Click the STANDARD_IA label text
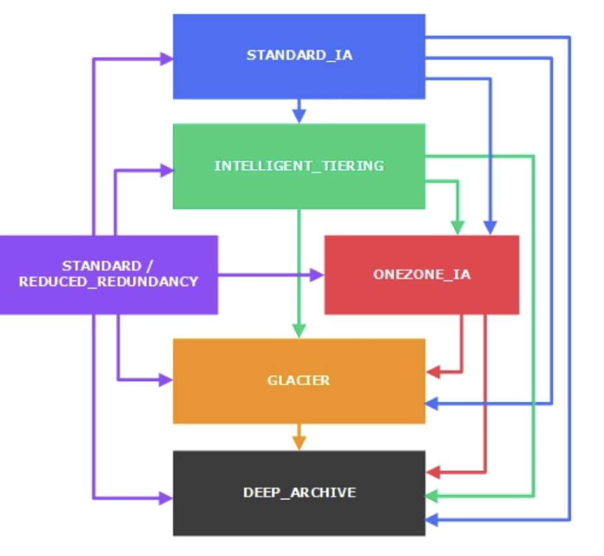point(299,55)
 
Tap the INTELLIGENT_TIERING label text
point(299,166)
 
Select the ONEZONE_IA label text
point(422,274)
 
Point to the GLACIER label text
point(299,380)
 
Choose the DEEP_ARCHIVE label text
point(299,493)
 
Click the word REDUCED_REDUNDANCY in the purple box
point(109,282)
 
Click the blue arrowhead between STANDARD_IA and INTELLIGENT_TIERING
point(299,116)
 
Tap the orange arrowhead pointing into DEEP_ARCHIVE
point(299,443)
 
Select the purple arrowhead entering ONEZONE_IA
point(317,275)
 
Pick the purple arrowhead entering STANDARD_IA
point(166,59)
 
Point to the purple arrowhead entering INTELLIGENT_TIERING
point(166,170)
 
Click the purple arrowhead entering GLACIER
point(166,380)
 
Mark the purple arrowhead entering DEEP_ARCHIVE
point(166,498)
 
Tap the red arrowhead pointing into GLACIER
point(432,372)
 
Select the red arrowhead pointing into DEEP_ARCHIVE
point(432,472)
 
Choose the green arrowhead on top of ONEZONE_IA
point(458,228)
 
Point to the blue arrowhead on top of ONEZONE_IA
point(490,228)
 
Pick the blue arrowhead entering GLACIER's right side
point(431,404)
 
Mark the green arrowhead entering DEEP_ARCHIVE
point(431,496)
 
